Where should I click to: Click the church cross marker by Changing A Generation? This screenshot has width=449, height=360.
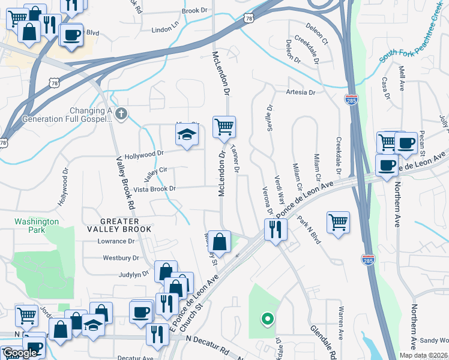[x=121, y=114]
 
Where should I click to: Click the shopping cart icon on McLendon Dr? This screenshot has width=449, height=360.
[x=224, y=127]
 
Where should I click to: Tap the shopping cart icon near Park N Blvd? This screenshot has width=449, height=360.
[x=339, y=221]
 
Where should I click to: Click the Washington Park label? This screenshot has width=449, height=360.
[x=37, y=226]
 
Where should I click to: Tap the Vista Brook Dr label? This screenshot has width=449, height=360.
[x=154, y=189]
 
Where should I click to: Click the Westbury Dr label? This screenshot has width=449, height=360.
[x=121, y=258]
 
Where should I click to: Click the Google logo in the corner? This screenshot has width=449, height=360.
[x=20, y=353]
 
